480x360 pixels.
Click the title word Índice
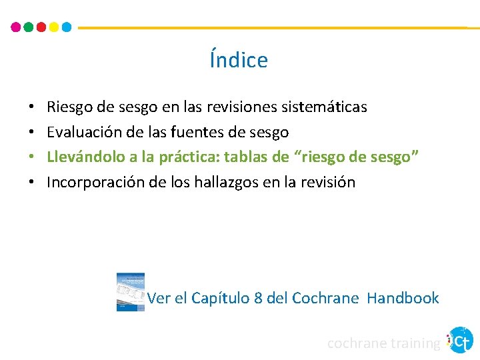coord(239,60)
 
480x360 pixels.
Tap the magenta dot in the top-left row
coord(16,27)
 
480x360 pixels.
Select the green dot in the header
coord(29,27)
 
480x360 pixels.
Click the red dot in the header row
coord(41,27)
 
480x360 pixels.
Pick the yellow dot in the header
coord(54,27)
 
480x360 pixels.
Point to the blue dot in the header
coord(67,27)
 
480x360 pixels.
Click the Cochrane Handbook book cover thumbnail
coord(131,291)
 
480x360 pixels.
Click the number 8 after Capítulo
coord(258,298)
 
